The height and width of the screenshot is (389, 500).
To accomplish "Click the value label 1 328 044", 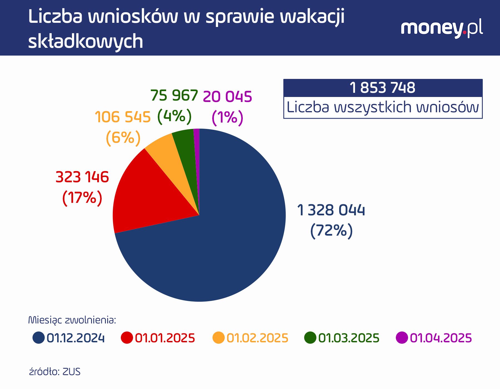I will [x=331, y=210].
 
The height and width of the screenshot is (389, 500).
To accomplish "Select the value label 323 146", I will [x=82, y=177].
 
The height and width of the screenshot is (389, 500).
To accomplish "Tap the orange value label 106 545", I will [x=122, y=117].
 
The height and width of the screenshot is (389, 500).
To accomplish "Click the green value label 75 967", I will [x=174, y=96].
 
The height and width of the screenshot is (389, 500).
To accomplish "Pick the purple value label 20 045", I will [x=227, y=97].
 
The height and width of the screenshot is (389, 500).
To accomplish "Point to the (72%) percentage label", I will [x=331, y=230].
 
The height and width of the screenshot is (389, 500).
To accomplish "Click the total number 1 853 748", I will [x=382, y=88].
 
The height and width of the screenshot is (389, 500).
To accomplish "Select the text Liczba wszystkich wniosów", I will [x=382, y=107].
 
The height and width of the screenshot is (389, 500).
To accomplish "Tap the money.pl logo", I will [x=442, y=29].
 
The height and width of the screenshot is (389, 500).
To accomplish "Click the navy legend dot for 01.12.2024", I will [x=39, y=338].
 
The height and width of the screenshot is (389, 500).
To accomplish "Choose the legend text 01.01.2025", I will [x=165, y=338].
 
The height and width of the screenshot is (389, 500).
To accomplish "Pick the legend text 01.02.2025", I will [x=257, y=338].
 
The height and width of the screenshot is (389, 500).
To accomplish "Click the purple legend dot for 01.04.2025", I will [x=402, y=338].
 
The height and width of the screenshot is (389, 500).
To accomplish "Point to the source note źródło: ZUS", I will [x=55, y=372].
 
